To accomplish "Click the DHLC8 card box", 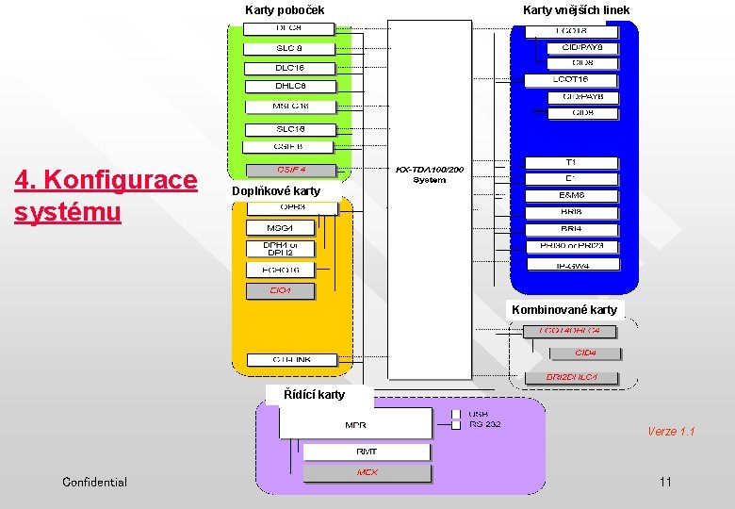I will pos(289,86).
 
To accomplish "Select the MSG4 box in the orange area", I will pos(281,227).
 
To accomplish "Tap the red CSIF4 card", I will pos(290,171).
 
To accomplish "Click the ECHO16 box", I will pos(281,270).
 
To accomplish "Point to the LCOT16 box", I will pos(571,80).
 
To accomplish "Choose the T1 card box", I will pos(571,163).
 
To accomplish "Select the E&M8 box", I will pos(571,195).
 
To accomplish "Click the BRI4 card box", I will pos(571,229).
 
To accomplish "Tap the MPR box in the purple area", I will pos(355,425).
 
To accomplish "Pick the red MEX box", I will pos(367,473).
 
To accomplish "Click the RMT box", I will pos(367,452).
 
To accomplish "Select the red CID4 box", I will pos(585,353).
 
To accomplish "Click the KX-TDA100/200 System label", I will pos(429,174).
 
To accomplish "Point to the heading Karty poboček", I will pos(285,10).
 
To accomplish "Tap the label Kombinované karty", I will pos(564,310).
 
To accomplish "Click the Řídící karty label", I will pos(316,395).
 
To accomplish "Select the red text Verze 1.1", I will pos(671,432).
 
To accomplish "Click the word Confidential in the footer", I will pos(94,483).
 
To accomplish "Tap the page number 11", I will pos(666,483).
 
